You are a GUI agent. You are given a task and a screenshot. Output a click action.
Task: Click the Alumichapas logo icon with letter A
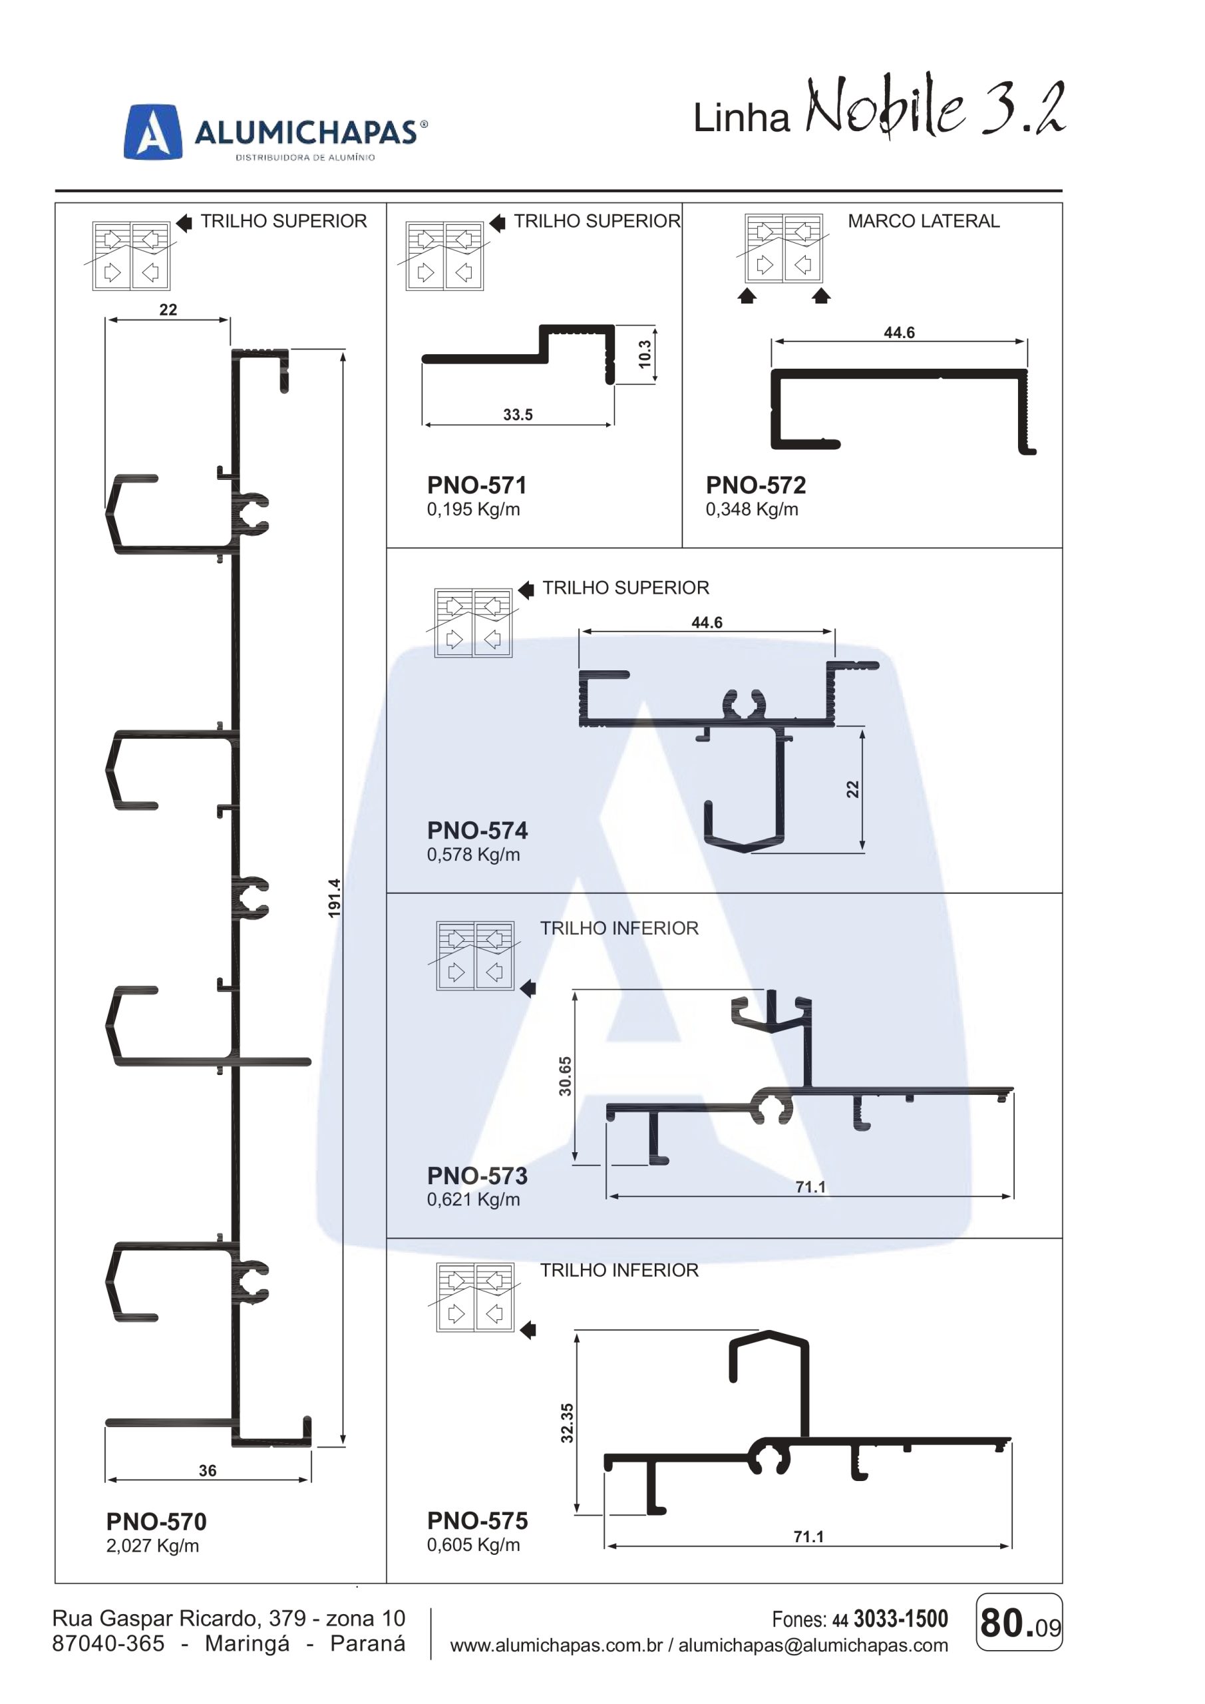tap(153, 131)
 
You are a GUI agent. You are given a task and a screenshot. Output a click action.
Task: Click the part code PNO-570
tap(156, 1522)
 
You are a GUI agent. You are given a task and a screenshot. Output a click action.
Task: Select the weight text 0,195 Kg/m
tap(472, 510)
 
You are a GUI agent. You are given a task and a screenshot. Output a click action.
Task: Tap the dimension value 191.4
tap(335, 897)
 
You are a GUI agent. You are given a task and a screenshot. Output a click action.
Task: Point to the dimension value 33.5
tap(517, 415)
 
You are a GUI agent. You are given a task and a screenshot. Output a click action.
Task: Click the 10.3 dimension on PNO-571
tap(644, 354)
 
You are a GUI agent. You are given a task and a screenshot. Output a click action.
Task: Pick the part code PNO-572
tap(755, 485)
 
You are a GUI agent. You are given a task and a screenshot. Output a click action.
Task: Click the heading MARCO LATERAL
tap(923, 221)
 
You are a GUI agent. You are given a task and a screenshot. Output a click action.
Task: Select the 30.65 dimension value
tap(566, 1076)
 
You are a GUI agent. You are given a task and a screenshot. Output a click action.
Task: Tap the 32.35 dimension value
tap(567, 1422)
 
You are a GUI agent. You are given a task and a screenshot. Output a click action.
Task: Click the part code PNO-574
tap(477, 831)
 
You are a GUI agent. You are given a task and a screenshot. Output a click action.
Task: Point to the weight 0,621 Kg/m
tap(472, 1199)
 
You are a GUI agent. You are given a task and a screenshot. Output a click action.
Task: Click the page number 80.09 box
tap(1019, 1621)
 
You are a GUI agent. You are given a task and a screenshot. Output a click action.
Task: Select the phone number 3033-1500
tap(901, 1619)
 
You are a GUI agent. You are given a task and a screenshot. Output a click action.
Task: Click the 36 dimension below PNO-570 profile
tap(207, 1470)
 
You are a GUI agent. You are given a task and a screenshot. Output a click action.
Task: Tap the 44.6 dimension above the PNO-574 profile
tap(707, 622)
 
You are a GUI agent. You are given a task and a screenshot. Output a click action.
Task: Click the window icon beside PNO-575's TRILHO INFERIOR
tap(475, 1297)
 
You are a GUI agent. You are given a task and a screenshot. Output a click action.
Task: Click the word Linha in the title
tap(741, 118)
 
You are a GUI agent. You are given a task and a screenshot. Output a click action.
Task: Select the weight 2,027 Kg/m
tap(152, 1546)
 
